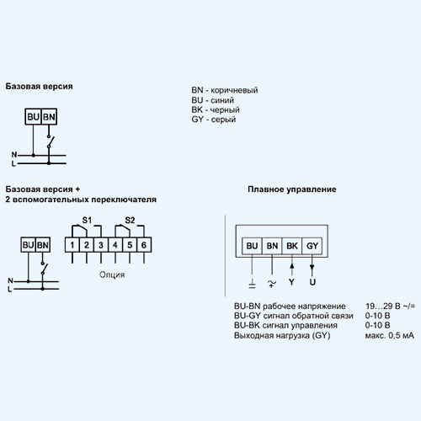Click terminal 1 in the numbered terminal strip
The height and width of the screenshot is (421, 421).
(72, 245)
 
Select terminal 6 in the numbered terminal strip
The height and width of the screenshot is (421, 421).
(144, 245)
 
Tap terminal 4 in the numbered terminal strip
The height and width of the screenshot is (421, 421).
(115, 245)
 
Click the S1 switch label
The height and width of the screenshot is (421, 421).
(87, 221)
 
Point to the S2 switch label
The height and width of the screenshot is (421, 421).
(130, 221)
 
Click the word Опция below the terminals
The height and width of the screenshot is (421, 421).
(112, 274)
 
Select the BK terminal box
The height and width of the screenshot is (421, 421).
(292, 246)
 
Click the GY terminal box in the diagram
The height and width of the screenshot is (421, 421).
(312, 246)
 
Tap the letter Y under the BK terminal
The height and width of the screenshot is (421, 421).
(291, 282)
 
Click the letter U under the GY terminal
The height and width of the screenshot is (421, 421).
(312, 282)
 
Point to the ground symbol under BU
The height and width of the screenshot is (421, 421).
(252, 284)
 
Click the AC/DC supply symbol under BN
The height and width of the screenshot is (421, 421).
(271, 283)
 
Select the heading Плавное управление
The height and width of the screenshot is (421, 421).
(292, 189)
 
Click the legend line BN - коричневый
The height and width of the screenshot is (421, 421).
(225, 90)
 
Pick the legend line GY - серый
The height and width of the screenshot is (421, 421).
(214, 120)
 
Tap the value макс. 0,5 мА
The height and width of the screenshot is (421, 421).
(390, 335)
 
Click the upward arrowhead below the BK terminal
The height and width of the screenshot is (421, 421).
(292, 266)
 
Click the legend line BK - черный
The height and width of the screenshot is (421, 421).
(216, 109)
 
